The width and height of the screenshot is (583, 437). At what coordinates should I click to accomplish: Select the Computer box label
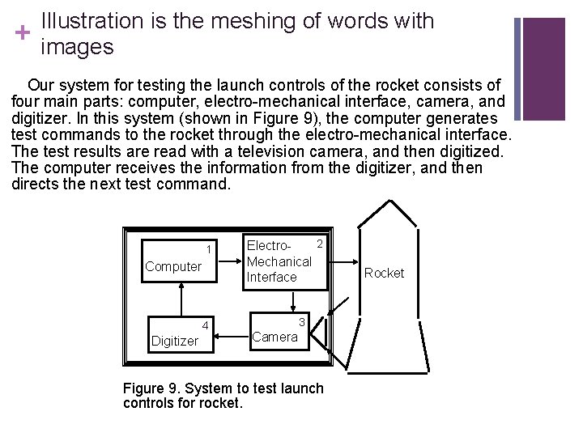click(172, 266)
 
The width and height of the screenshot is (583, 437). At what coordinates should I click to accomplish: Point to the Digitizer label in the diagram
click(174, 341)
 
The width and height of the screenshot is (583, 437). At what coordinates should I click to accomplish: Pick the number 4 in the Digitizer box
click(206, 326)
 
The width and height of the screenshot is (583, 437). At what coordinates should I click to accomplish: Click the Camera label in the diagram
click(274, 337)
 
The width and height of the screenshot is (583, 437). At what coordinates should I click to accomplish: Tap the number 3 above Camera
click(300, 321)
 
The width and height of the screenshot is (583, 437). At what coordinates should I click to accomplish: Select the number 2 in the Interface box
click(320, 244)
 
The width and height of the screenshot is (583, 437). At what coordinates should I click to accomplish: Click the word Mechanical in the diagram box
click(279, 261)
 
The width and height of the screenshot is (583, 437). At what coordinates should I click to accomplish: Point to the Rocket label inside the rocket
click(384, 273)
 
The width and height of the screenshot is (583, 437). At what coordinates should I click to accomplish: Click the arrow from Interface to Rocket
click(346, 262)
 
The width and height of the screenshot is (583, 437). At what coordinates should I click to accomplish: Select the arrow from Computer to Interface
click(231, 261)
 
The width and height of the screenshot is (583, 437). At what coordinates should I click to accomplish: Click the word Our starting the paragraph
click(42, 85)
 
